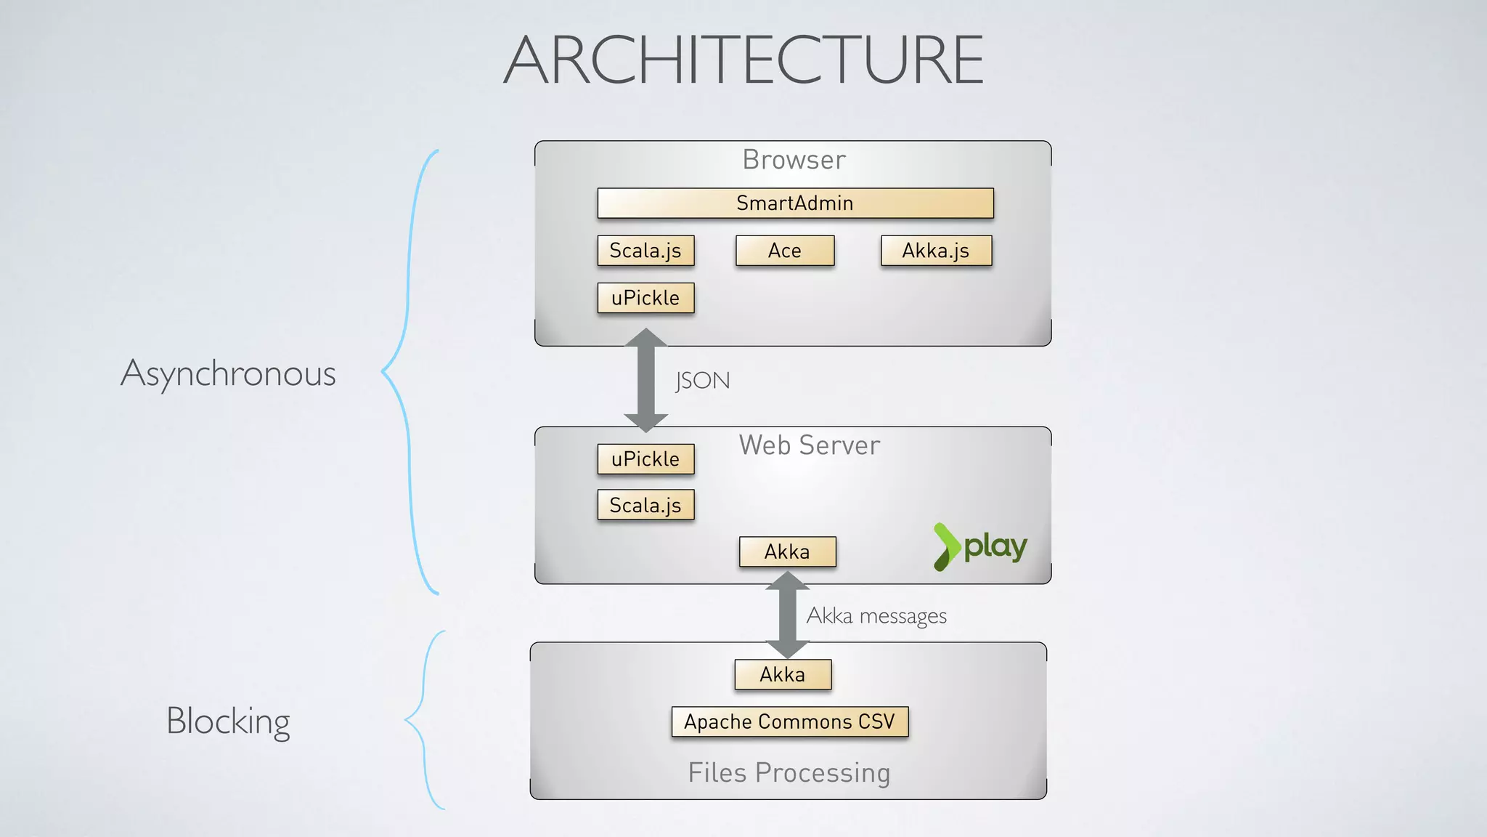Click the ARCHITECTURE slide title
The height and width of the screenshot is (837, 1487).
(x=743, y=60)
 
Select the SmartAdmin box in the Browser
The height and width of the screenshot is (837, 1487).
(x=795, y=203)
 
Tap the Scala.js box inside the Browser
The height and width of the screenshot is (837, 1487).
(x=645, y=251)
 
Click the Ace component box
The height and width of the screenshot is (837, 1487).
(x=785, y=251)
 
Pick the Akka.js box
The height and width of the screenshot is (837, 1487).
(x=936, y=251)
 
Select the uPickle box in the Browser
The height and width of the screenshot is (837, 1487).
(x=645, y=298)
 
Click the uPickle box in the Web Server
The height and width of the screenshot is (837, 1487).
(x=645, y=459)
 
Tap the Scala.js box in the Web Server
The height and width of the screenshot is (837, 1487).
(x=645, y=505)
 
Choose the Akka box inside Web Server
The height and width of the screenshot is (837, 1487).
(x=787, y=551)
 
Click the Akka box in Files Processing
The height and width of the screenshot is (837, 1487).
(x=783, y=674)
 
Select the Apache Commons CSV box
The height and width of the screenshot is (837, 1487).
(x=790, y=721)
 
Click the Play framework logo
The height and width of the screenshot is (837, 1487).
(x=980, y=546)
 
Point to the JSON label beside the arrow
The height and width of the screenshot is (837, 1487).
(x=702, y=381)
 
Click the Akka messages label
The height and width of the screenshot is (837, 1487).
(x=876, y=616)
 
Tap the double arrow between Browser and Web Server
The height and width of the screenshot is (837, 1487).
(x=645, y=380)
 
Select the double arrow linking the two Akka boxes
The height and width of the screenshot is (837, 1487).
(x=787, y=615)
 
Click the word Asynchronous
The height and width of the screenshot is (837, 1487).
(x=228, y=373)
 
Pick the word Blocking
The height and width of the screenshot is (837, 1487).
(x=228, y=721)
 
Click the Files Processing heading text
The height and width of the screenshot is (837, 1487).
(x=789, y=772)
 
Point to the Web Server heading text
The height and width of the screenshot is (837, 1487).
(x=810, y=445)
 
